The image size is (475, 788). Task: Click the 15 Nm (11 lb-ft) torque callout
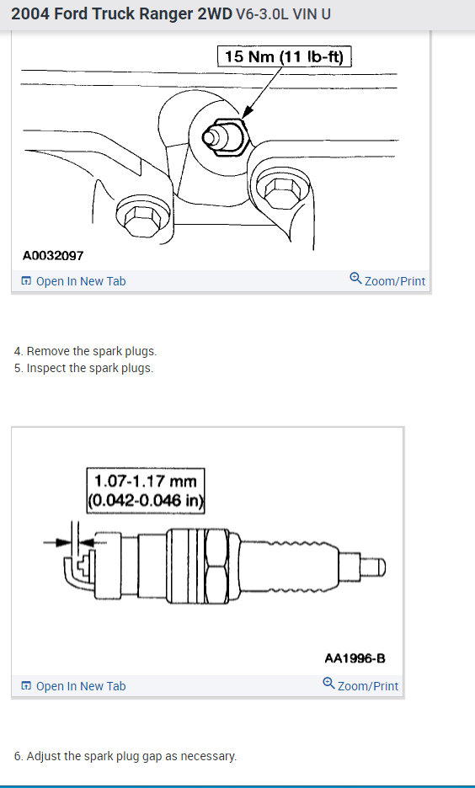[x=285, y=57]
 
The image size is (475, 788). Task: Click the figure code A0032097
[x=53, y=255]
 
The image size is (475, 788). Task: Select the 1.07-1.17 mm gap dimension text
[x=146, y=481]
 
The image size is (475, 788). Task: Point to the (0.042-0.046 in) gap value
[x=147, y=500]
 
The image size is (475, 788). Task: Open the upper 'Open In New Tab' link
[x=80, y=281]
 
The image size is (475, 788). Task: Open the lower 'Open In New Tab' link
[x=80, y=686]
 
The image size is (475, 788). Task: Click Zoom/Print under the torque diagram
[x=394, y=281]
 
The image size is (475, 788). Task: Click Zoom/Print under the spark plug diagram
[x=367, y=686]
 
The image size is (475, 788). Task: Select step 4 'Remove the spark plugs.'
[x=85, y=351]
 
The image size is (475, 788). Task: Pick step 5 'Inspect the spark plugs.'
[x=83, y=368]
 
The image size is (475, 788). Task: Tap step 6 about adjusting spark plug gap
[x=125, y=756]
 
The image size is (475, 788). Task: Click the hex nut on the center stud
[x=222, y=134]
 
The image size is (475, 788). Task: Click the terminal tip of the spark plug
[x=376, y=567]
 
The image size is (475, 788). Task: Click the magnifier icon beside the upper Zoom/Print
[x=355, y=279]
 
